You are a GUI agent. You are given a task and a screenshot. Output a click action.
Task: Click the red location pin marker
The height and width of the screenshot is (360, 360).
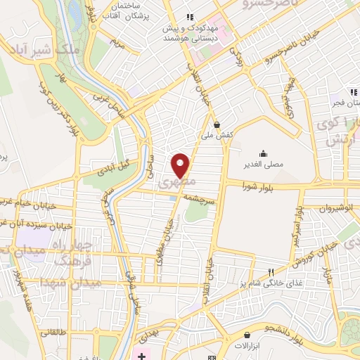point(181,165)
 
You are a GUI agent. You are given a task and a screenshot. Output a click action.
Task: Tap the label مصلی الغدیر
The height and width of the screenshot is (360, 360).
point(262,165)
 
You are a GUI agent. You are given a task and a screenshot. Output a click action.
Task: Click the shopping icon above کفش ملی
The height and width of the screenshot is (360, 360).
point(217,122)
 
